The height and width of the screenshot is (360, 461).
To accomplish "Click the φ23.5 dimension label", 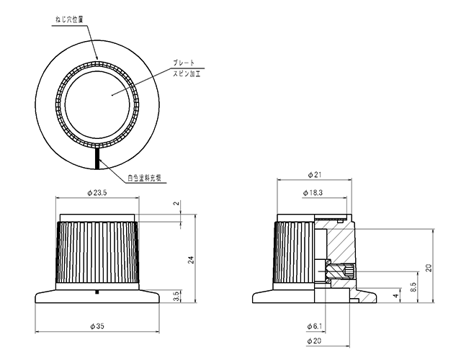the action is pos(97,193).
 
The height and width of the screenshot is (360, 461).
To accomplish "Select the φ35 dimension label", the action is pos(97,326).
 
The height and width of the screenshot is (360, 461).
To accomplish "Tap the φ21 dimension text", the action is pos(314,175).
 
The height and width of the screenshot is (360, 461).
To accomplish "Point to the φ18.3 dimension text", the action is pos(313,193).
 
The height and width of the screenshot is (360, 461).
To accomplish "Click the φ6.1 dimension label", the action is pos(314,326).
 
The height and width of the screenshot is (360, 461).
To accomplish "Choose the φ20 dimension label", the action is pos(314,341).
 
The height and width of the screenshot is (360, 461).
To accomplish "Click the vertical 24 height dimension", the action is pos(191,260).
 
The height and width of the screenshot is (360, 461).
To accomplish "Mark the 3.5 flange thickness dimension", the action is pos(176,297).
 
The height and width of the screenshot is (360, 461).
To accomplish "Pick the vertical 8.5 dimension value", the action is pos(413,287).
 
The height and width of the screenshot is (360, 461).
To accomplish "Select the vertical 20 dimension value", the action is pos(429,268).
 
